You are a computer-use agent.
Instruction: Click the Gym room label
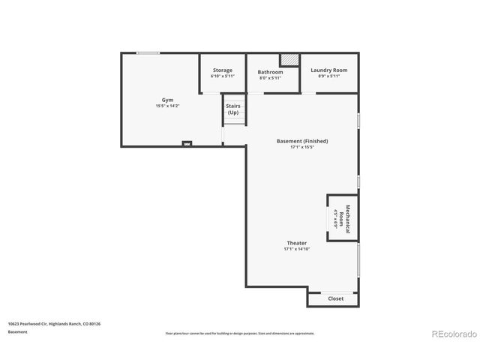click(x=167, y=100)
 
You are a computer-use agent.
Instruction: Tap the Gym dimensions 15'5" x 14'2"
click(x=167, y=106)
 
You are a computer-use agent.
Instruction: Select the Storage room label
click(x=222, y=70)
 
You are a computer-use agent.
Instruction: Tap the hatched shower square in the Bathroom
click(x=289, y=59)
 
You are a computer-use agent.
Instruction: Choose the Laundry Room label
click(x=329, y=70)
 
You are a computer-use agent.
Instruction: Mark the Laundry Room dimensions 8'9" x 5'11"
click(x=329, y=76)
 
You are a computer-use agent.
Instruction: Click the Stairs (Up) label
click(x=233, y=109)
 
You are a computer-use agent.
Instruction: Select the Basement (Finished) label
click(x=301, y=141)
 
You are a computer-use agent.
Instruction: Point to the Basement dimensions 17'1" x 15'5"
click(x=301, y=148)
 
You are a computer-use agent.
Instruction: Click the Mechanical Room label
click(x=344, y=217)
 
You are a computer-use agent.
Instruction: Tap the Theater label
click(x=296, y=243)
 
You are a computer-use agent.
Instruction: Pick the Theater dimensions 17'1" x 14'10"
click(x=296, y=249)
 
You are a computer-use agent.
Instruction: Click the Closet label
click(x=336, y=298)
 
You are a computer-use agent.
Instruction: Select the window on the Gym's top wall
click(x=148, y=52)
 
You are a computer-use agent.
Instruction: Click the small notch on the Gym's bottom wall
click(x=187, y=143)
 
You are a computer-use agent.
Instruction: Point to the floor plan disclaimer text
click(x=240, y=333)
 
